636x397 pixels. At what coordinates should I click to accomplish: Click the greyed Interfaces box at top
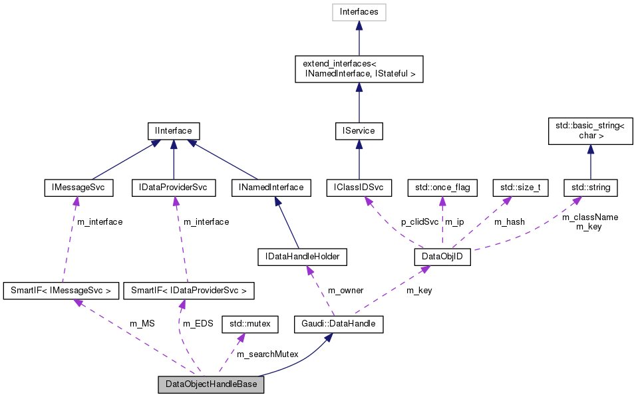[x=359, y=12]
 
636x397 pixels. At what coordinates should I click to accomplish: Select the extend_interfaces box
[x=359, y=69]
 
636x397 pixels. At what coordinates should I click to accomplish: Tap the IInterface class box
[x=173, y=131]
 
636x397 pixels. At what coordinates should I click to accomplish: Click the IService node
[x=359, y=131]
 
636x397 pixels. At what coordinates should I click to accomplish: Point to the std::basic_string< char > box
[x=589, y=130]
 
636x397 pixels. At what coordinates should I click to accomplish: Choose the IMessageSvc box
[x=78, y=188]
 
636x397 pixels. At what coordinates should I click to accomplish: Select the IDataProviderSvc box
[x=173, y=188]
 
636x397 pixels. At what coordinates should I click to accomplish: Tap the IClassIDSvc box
[x=359, y=188]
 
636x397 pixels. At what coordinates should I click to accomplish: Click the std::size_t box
[x=520, y=188]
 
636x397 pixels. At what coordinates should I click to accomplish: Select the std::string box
[x=590, y=188]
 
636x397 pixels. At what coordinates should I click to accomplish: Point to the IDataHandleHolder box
[x=303, y=255]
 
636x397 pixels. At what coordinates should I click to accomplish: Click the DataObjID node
[x=442, y=257]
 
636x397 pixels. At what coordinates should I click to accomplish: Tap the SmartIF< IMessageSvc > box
[x=61, y=290]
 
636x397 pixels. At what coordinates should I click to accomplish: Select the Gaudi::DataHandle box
[x=330, y=324]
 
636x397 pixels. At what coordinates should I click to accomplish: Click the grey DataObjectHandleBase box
[x=211, y=384]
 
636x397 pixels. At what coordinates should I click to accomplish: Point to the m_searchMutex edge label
[x=268, y=354]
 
